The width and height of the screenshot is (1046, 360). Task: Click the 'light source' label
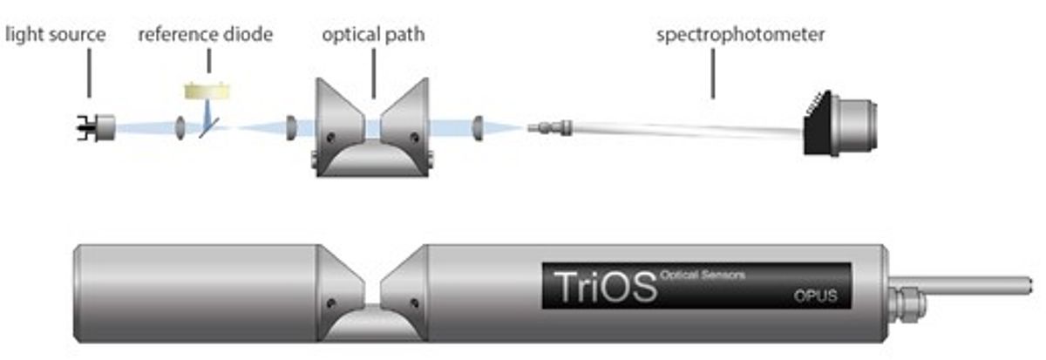(x=56, y=36)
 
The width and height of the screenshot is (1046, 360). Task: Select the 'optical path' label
(x=373, y=36)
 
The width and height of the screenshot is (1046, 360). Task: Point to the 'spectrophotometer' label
(x=741, y=36)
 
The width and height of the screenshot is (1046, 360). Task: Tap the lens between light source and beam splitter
(x=180, y=128)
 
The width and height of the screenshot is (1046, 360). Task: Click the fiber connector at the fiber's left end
(x=547, y=128)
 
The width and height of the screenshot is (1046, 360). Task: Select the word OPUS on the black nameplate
(x=815, y=295)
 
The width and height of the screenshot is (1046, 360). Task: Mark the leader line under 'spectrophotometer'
(x=714, y=74)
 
